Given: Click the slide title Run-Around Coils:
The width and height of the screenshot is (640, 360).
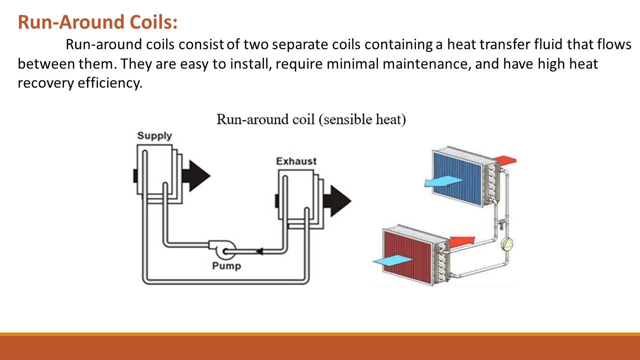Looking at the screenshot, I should [x=97, y=22].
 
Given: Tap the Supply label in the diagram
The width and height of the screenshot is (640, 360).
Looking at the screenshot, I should [x=154, y=135].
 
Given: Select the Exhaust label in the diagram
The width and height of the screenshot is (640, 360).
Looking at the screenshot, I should [x=296, y=161].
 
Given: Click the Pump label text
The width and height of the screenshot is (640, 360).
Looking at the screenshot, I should [x=226, y=265].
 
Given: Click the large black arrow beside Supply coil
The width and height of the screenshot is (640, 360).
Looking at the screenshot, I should [x=195, y=175].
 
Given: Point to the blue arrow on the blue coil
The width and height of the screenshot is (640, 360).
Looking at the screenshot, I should [x=442, y=181].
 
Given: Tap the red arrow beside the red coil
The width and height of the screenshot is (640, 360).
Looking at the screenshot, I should [x=461, y=242].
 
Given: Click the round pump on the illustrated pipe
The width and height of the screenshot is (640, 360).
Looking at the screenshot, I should [x=507, y=244].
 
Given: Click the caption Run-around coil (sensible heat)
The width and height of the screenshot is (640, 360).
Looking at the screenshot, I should [x=310, y=120].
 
